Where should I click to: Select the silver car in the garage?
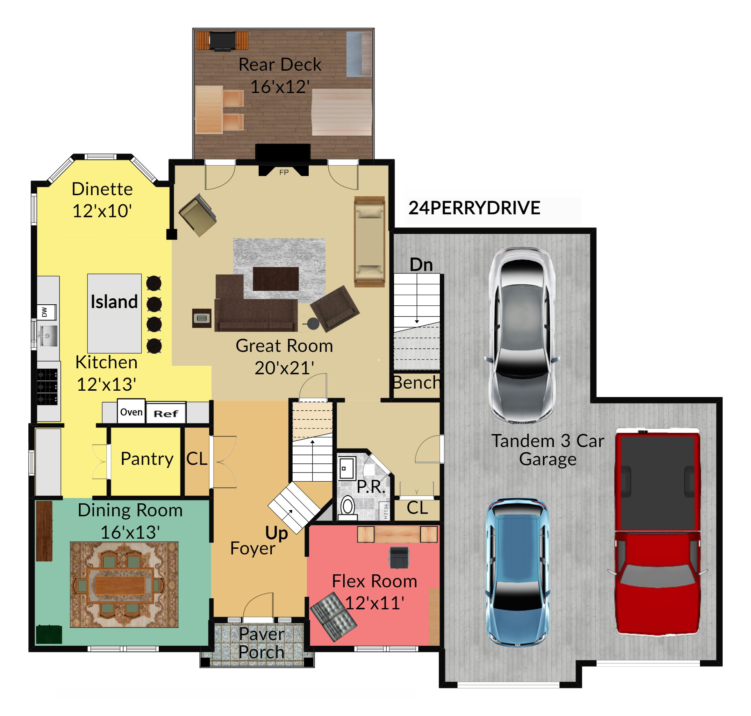521,335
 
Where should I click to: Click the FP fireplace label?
284,172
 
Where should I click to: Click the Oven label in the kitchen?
131,412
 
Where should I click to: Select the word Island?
114,302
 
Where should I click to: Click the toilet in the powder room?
348,508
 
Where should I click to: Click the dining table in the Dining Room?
120,585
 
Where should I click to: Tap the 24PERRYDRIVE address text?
474,208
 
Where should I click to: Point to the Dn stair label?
421,264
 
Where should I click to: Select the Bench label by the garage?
416,382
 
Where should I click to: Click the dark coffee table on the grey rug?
276,279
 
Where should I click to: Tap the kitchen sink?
48,336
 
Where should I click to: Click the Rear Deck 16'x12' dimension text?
280,87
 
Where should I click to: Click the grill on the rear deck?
223,41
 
